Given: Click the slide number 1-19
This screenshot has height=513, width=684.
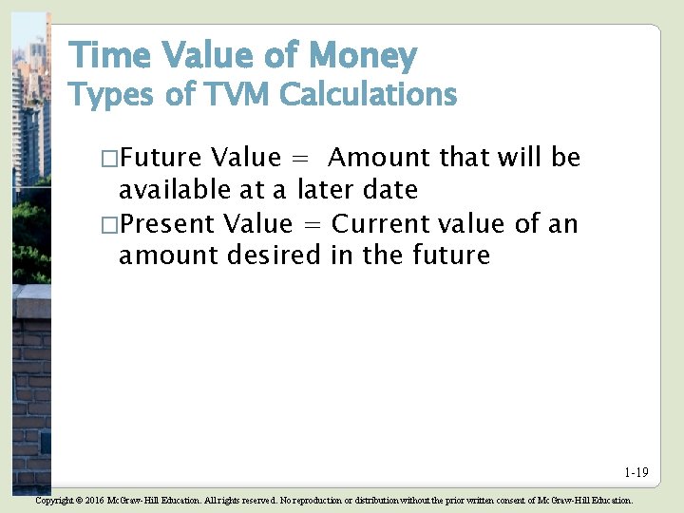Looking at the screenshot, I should coord(636,472).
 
